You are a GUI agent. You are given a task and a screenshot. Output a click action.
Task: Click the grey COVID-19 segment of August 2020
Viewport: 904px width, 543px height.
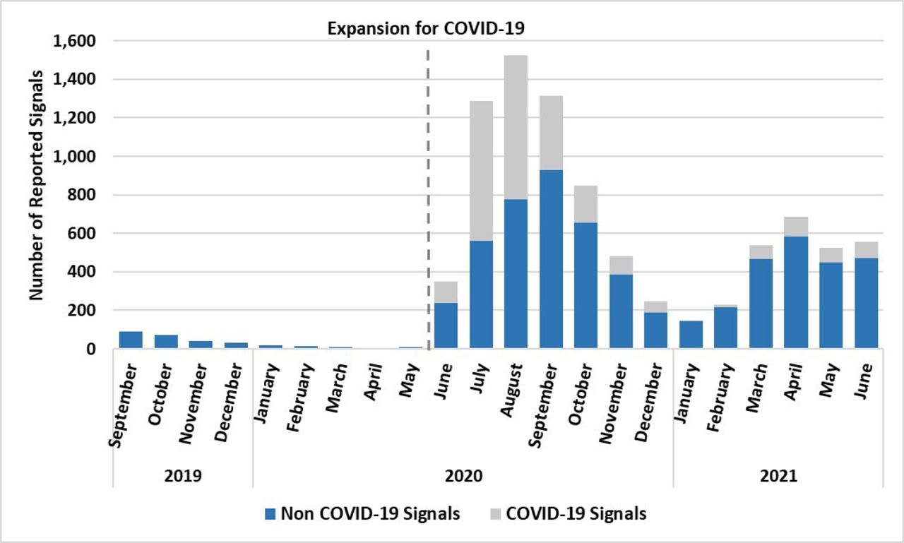point(516,127)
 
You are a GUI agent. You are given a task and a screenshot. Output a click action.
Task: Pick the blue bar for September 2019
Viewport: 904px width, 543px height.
point(131,340)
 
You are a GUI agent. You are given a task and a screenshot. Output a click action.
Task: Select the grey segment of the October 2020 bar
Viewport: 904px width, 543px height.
point(585,204)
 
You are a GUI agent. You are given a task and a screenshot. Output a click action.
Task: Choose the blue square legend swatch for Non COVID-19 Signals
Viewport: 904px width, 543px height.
point(269,513)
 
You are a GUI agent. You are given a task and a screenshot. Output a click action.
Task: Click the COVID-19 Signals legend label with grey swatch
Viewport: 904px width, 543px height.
point(576,513)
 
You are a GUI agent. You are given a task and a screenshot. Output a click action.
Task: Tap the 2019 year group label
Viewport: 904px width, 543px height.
point(182,476)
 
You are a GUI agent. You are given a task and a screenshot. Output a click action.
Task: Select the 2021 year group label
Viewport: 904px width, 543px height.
point(778,476)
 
